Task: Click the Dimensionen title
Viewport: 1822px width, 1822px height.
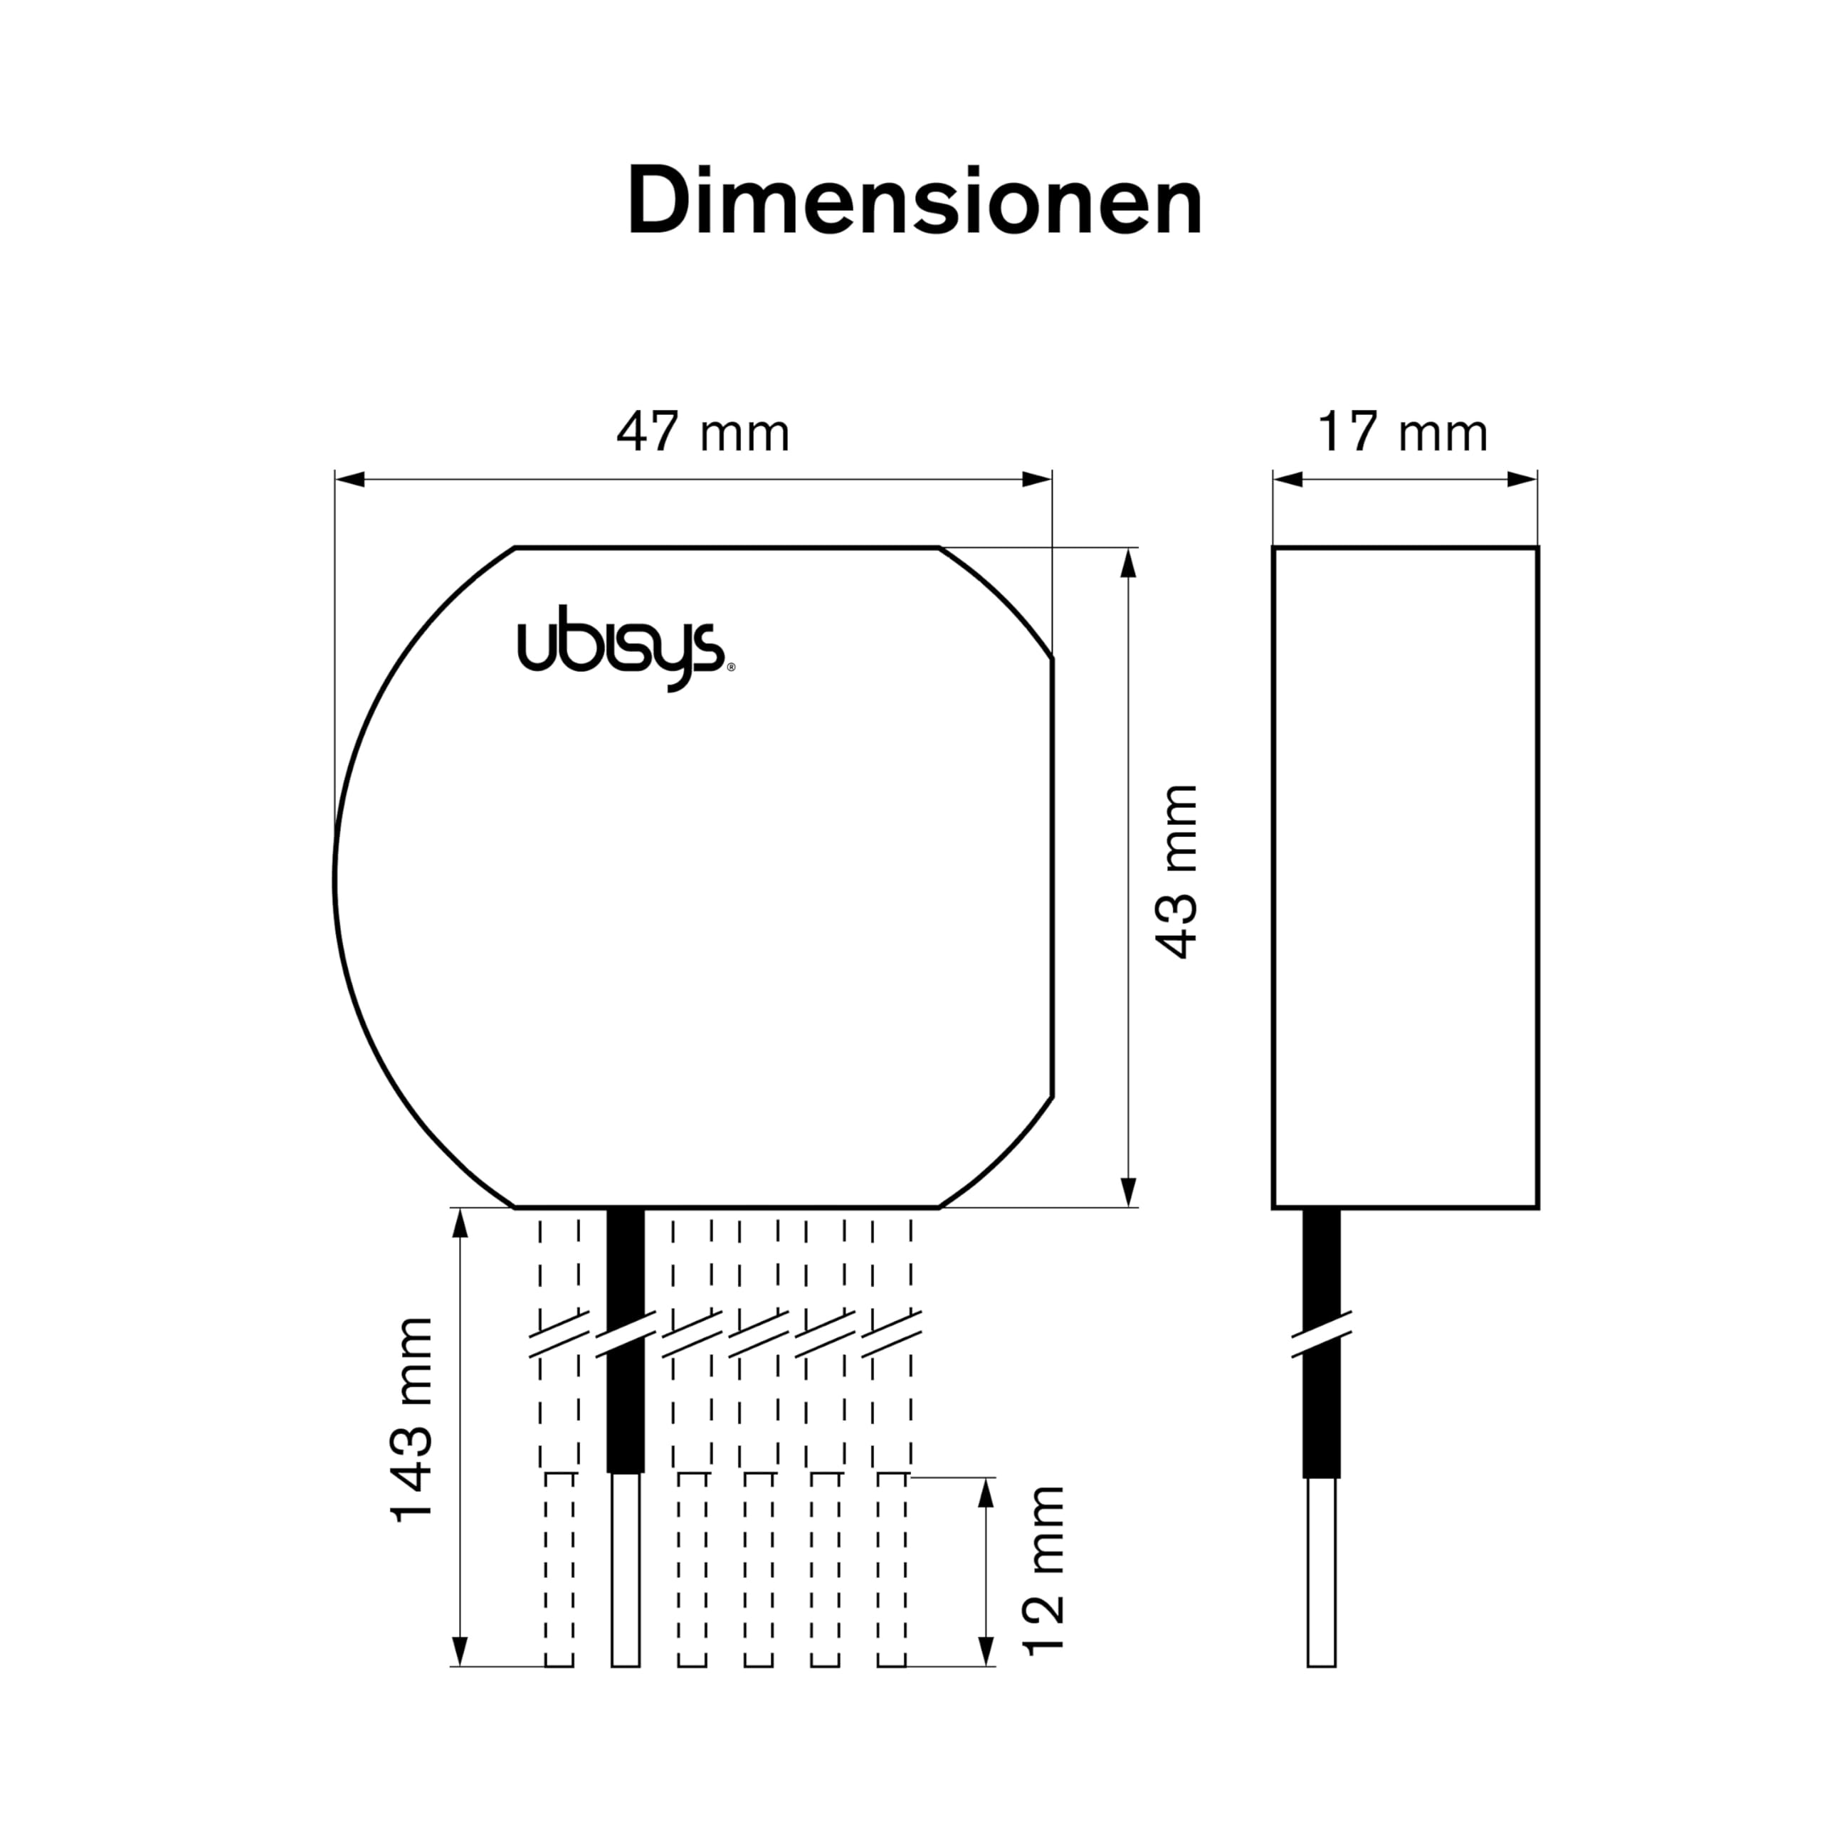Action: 915,200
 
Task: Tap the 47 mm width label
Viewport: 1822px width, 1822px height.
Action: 702,433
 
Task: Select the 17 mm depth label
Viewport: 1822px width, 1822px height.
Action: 1402,433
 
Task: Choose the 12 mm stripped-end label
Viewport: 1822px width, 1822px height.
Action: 1044,1570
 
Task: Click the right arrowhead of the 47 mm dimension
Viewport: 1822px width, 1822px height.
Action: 1038,479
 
